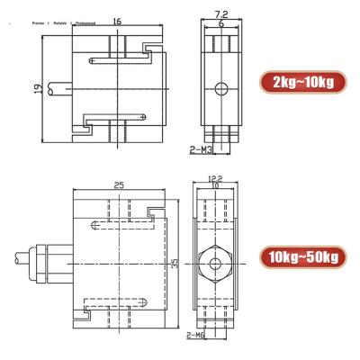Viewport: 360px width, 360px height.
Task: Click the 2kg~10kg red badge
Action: click(302, 83)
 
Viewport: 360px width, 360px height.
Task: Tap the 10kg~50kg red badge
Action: click(304, 258)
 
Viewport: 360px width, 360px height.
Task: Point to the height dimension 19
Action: click(37, 87)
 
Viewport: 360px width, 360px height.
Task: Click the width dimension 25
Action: click(117, 185)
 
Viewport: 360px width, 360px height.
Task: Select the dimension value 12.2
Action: click(213, 178)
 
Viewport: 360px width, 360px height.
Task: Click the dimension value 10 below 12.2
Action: click(213, 187)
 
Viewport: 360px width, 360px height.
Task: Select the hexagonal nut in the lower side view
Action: click(213, 264)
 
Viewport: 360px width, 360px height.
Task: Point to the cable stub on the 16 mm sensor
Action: click(61, 88)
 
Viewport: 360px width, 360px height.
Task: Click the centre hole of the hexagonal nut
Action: click(213, 264)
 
